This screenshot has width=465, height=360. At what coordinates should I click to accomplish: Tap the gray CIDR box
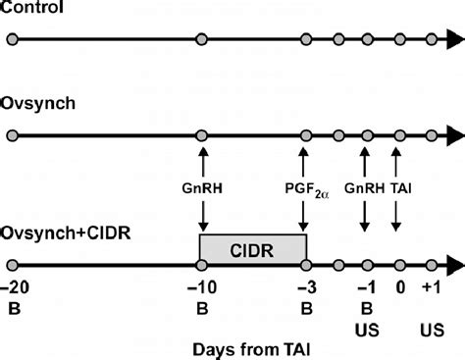253,249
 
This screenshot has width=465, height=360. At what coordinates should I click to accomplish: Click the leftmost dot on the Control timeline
12,40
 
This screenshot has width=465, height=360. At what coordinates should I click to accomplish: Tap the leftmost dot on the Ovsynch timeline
12,136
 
